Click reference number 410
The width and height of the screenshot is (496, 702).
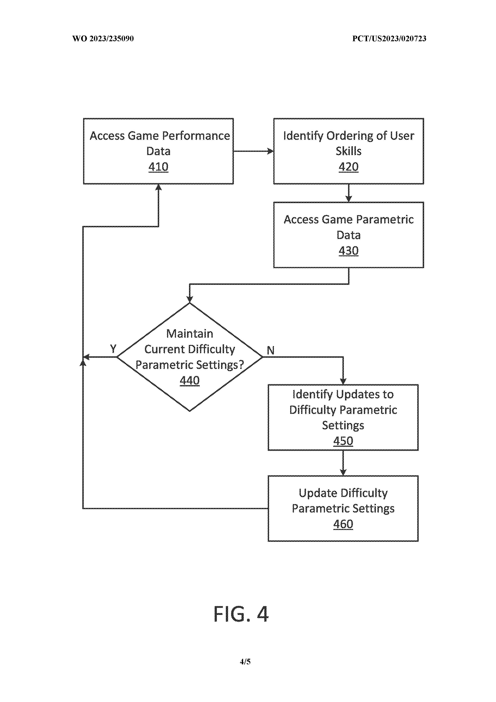pyautogui.click(x=158, y=167)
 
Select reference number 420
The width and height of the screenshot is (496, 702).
pyautogui.click(x=348, y=167)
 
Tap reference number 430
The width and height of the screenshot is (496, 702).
pyautogui.click(x=348, y=251)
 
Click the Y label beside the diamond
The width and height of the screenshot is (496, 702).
pyautogui.click(x=113, y=348)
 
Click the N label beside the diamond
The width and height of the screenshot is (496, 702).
pyautogui.click(x=271, y=350)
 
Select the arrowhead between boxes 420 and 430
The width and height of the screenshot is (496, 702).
pyautogui.click(x=348, y=199)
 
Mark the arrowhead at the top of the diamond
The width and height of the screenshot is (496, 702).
pyautogui.click(x=189, y=299)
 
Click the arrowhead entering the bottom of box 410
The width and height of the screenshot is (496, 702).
pyautogui.click(x=158, y=187)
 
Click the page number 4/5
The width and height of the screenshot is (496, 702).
pyautogui.click(x=245, y=662)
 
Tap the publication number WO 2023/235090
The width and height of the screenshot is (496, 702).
pyautogui.click(x=103, y=38)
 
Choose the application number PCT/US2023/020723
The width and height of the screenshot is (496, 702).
pyautogui.click(x=389, y=38)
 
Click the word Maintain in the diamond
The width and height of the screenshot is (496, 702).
pyautogui.click(x=189, y=333)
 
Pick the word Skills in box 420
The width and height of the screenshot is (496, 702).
pyautogui.click(x=348, y=151)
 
